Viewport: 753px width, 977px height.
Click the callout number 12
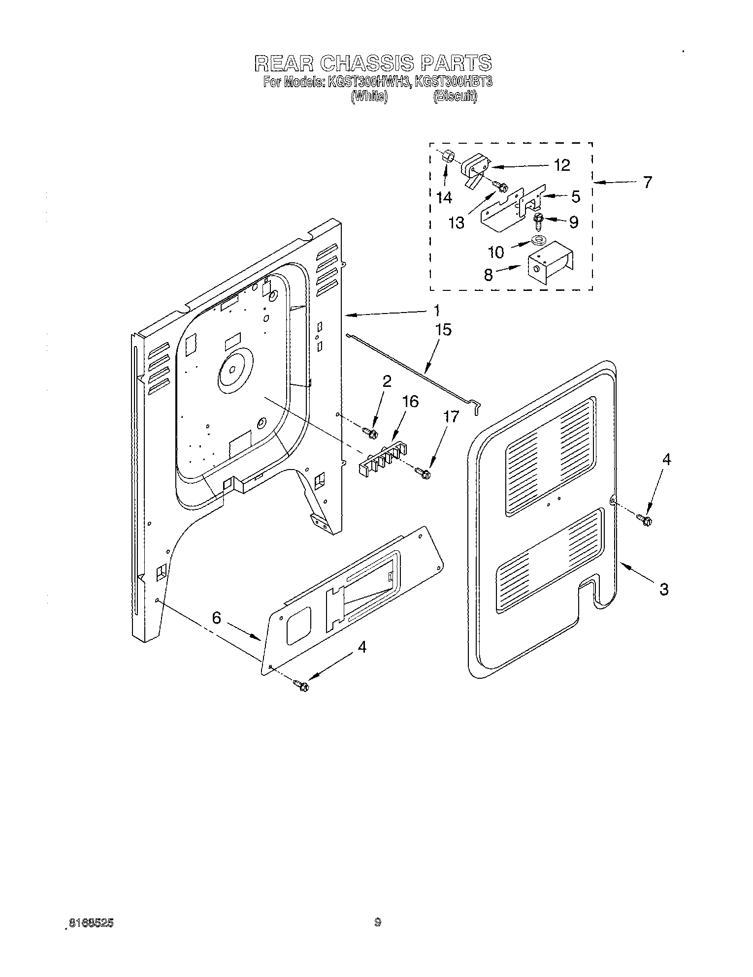(x=561, y=165)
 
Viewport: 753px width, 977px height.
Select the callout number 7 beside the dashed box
(x=647, y=183)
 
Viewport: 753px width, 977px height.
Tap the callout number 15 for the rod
(x=443, y=329)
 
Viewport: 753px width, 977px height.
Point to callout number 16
(x=410, y=402)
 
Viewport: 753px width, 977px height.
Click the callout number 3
(x=663, y=588)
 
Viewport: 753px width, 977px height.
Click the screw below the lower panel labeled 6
(x=300, y=684)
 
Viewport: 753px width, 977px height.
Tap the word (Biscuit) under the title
(x=455, y=97)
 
